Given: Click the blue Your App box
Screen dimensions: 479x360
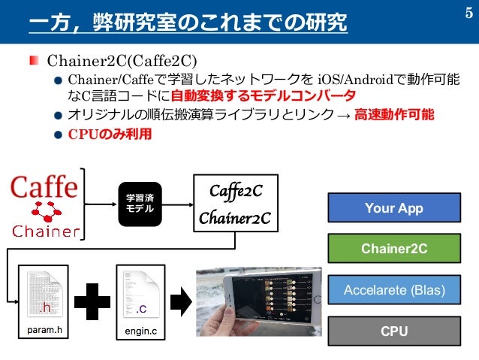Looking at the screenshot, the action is click(393, 208).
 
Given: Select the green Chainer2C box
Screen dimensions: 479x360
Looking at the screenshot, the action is click(393, 249).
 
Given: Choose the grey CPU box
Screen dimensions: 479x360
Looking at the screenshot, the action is click(393, 331).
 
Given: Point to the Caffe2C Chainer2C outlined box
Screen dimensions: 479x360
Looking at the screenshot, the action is click(235, 203).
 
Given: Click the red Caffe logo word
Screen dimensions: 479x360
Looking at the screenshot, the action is click(44, 186).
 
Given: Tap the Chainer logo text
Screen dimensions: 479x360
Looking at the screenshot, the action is click(44, 231).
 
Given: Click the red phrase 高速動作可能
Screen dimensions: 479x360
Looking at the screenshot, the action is click(394, 115).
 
